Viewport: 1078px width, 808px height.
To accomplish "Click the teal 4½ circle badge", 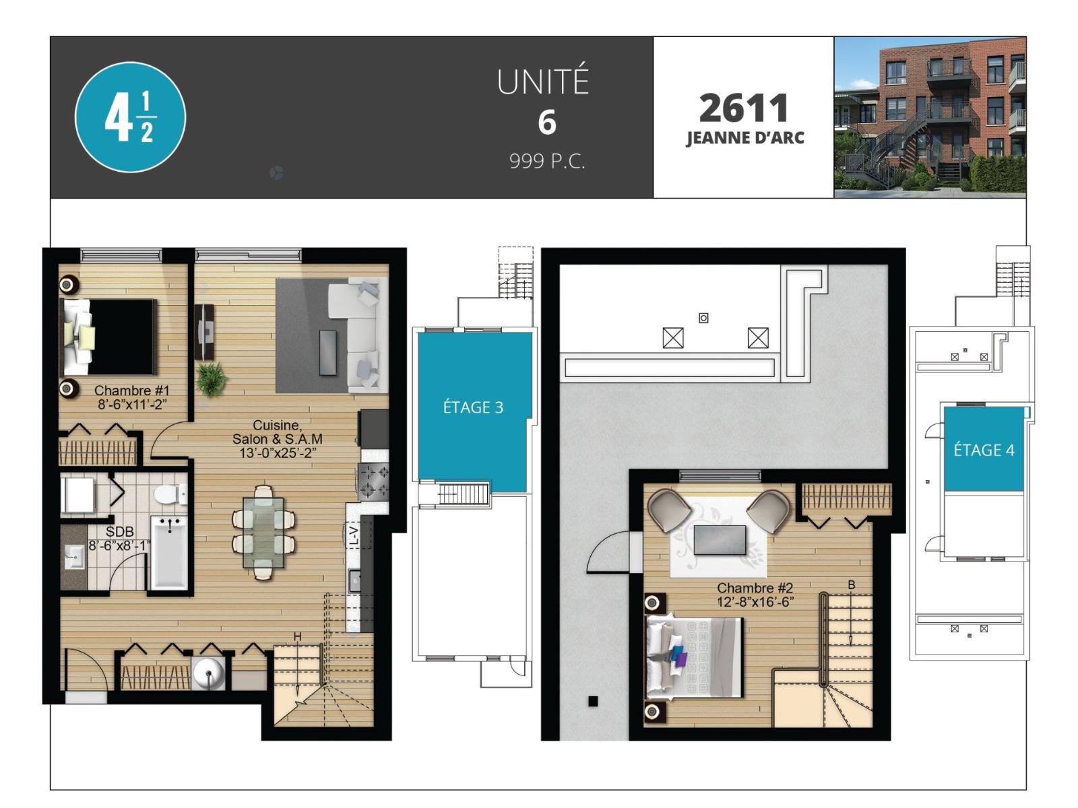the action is tap(130, 117).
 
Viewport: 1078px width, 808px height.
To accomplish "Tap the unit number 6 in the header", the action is tap(547, 123).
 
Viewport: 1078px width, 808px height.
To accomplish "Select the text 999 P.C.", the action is tap(547, 161).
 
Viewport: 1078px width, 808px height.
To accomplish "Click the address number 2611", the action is tap(744, 108).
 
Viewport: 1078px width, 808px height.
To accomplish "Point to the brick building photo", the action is tap(930, 117).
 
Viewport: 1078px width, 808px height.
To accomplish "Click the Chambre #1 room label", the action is tap(131, 391).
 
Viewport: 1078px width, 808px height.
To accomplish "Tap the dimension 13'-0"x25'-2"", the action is tap(278, 452).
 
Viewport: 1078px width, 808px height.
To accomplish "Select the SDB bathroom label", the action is tap(119, 531).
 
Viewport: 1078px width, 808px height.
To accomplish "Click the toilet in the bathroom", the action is tap(170, 494).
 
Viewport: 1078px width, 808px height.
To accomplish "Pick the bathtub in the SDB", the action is tap(169, 553).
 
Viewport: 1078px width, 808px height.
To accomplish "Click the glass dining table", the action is tap(263, 533).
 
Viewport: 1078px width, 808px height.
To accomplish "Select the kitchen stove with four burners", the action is tap(373, 481).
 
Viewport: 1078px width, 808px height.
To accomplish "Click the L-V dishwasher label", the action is tap(354, 535).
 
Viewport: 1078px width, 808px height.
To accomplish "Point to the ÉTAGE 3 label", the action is tap(473, 407).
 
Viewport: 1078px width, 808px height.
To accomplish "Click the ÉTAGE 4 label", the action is tap(984, 450).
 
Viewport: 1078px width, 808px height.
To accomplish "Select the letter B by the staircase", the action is tap(852, 584).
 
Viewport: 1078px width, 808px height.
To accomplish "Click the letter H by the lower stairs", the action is tap(297, 636).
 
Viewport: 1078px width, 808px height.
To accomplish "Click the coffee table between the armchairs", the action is tap(720, 539).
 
